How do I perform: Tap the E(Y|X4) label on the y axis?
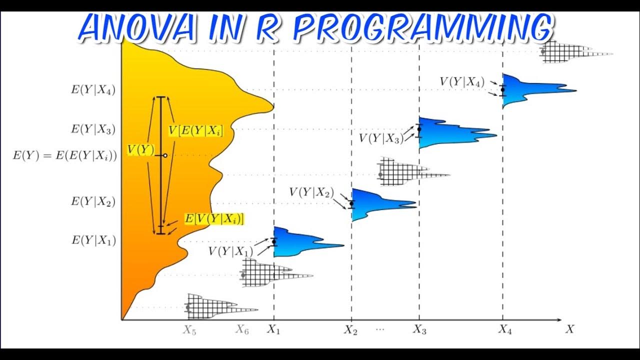(93, 91)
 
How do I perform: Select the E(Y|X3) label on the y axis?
(93, 129)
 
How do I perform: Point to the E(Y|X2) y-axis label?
(93, 201)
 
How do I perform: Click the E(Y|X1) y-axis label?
(93, 240)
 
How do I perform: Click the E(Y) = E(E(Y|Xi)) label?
(64, 155)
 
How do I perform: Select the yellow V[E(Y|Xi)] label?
(195, 130)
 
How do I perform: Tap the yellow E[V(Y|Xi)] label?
(214, 218)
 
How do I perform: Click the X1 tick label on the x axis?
(273, 329)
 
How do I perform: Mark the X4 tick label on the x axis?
(505, 329)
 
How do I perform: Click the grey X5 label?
(189, 330)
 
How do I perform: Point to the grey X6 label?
(242, 329)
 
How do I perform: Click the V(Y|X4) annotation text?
(461, 82)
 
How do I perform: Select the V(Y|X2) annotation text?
(311, 192)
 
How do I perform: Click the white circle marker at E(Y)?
(165, 155)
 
